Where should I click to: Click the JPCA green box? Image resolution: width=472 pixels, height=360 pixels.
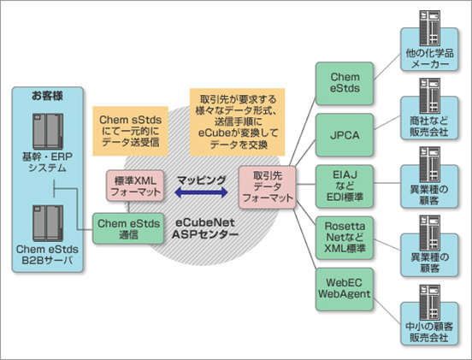coord(345,135)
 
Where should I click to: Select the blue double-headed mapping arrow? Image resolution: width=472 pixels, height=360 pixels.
coord(201,192)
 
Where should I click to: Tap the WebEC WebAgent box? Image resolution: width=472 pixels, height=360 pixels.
coord(345,289)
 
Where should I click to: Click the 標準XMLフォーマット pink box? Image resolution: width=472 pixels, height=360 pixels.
coord(135,186)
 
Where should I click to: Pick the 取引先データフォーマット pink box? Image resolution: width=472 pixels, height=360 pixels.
coord(267,187)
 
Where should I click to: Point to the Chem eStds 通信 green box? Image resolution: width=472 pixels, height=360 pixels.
coord(128,229)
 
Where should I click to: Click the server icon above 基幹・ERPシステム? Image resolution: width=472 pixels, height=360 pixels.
coord(48,132)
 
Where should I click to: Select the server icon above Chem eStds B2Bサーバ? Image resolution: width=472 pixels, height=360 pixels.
coord(48,223)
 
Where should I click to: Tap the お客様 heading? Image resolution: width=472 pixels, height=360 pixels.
coord(47,96)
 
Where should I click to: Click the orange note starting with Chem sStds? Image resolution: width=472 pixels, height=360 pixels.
coord(130,131)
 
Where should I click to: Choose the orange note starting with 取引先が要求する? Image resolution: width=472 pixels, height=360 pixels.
coord(237,122)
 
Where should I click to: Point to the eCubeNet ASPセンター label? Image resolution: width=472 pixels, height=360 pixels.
coord(205,228)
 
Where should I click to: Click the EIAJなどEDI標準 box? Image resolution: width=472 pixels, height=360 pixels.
coord(345,186)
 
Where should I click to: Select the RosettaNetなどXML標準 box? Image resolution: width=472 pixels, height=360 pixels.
coord(345,238)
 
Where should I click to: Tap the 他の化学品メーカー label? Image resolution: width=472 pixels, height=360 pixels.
coord(429,59)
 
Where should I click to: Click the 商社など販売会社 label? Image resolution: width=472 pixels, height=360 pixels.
coord(429,127)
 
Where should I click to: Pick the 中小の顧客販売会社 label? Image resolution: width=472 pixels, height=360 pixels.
coord(429,332)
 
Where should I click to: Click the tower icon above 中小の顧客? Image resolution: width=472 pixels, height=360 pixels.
coord(429,303)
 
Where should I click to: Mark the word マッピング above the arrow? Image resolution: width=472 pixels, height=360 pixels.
coord(202,180)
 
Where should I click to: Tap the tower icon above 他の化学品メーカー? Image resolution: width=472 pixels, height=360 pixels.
coord(429,28)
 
